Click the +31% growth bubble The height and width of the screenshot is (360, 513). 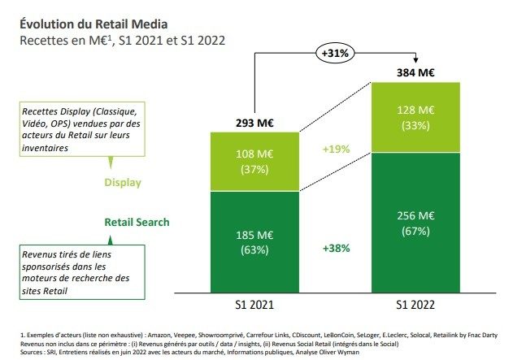click(x=335, y=54)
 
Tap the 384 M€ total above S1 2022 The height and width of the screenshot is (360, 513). click(x=415, y=72)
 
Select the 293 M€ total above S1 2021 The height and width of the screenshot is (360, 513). click(x=254, y=124)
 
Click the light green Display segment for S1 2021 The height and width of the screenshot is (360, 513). click(x=254, y=161)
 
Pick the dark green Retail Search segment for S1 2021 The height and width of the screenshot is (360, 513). click(x=254, y=241)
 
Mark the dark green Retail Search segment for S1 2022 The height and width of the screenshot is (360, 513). click(x=415, y=223)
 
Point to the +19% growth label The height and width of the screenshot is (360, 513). click(x=335, y=150)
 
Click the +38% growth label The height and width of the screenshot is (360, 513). click(x=335, y=247)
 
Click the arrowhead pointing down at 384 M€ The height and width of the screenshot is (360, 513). click(x=415, y=59)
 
